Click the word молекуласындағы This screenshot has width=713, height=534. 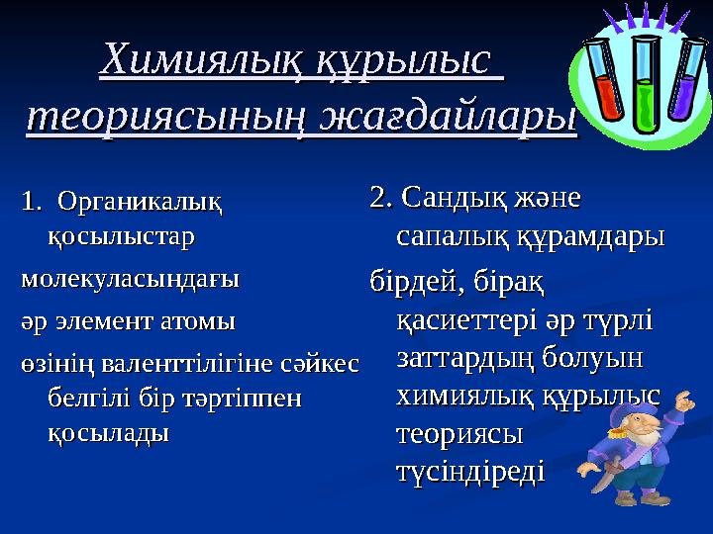pyautogui.click(x=130, y=279)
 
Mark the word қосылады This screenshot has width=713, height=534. pyautogui.click(x=108, y=433)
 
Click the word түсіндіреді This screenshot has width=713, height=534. pyautogui.click(x=470, y=472)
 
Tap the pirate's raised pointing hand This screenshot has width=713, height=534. pyautogui.click(x=682, y=402)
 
